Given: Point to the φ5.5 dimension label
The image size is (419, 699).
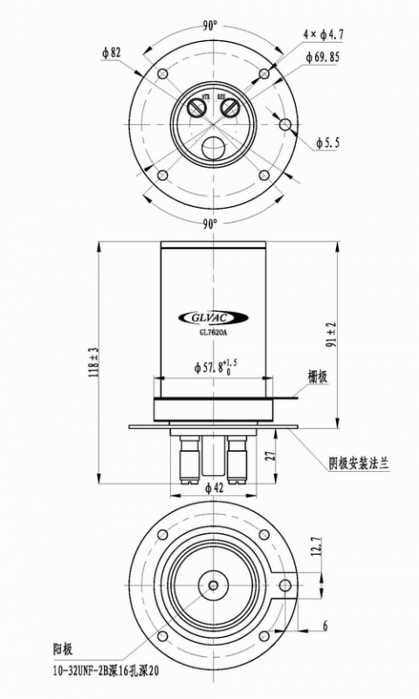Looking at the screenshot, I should (331, 141).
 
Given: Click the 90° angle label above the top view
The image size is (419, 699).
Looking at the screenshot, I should (209, 25).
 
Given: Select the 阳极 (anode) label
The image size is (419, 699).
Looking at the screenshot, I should (62, 651).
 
